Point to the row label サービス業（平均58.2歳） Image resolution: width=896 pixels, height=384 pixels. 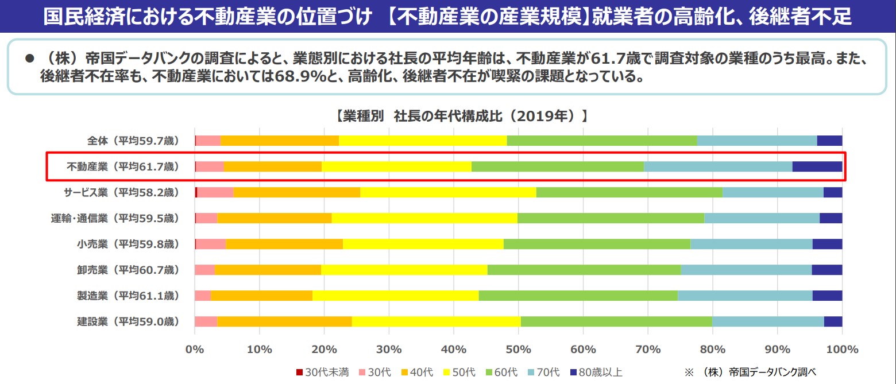pos(122,192)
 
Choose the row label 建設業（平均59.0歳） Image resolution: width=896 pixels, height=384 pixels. pos(128,321)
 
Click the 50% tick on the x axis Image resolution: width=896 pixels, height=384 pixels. pos(518,349)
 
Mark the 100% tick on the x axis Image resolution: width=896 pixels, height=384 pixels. pos(841,349)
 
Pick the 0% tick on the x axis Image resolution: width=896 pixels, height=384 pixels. pos(195,349)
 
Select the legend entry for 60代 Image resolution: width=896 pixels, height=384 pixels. pos(502,372)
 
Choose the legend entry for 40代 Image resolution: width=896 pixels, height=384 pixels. pos(418,372)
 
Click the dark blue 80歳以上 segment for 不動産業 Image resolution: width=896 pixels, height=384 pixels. pos(817,166)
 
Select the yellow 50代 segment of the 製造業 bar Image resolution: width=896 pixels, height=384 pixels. pos(395,296)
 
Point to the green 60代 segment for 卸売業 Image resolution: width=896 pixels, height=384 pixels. pos(584,270)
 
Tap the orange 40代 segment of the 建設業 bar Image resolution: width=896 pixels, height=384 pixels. pos(284,321)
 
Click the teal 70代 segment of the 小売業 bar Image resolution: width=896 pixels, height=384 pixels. pos(751,244)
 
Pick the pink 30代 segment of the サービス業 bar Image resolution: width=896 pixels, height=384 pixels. pos(215,192)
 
